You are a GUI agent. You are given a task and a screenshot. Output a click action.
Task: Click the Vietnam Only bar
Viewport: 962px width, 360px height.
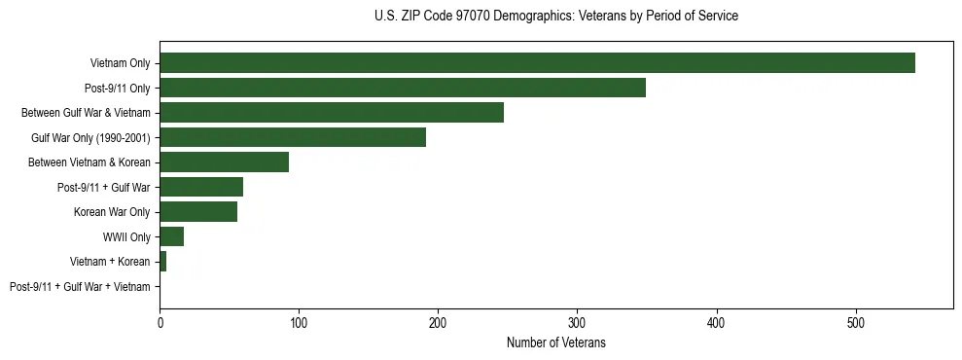tap(537, 63)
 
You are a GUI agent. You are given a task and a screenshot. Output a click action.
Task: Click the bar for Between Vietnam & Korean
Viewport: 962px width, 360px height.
tap(224, 162)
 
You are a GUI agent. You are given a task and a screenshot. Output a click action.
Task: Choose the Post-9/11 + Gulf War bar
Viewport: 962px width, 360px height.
tap(201, 187)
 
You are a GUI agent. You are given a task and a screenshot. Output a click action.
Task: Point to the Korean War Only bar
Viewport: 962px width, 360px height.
tap(198, 212)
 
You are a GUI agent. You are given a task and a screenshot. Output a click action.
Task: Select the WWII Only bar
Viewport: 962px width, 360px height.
tap(171, 236)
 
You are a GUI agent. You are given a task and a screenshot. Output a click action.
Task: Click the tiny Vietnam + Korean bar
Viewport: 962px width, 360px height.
tap(162, 262)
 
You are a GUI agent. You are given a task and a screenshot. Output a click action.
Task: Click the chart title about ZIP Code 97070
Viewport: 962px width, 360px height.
tap(555, 17)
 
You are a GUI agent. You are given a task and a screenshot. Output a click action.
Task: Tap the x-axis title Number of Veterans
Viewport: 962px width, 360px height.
tap(555, 342)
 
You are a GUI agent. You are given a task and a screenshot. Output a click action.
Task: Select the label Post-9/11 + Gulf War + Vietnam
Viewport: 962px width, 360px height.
tap(80, 287)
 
